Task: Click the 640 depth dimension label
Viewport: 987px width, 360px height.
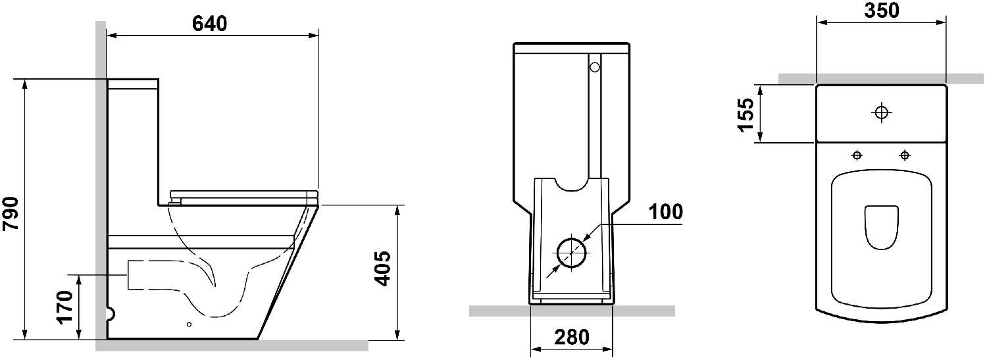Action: click(210, 23)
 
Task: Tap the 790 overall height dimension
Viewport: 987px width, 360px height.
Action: click(11, 214)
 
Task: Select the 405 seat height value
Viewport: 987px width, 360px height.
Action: click(382, 269)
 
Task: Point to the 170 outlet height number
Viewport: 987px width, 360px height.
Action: click(64, 307)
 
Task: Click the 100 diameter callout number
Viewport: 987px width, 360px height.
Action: click(666, 211)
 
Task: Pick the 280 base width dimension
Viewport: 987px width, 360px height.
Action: click(572, 337)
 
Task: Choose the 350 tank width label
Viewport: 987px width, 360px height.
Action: click(882, 11)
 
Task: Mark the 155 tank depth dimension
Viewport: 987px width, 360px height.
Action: click(746, 115)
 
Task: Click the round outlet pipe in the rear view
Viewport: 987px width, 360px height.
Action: click(573, 253)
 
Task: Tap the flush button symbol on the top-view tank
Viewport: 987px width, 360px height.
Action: click(881, 113)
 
